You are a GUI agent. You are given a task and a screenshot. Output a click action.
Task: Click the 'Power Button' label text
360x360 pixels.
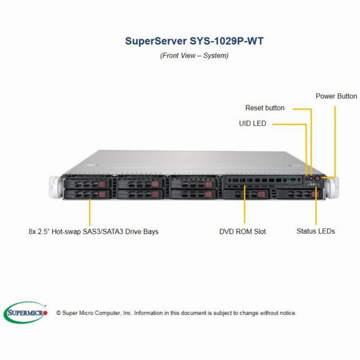(336, 96)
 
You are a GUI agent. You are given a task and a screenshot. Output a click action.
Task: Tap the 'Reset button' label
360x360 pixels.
(265, 108)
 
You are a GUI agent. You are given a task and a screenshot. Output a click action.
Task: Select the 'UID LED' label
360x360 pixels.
(252, 123)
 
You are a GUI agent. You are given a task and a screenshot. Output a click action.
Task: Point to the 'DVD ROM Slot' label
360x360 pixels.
(243, 231)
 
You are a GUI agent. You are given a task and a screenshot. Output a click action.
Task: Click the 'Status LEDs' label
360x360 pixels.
(316, 231)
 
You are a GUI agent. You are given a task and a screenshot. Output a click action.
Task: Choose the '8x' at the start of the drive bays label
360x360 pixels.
(32, 231)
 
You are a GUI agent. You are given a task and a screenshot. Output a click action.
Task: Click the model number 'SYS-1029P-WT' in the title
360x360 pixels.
(226, 41)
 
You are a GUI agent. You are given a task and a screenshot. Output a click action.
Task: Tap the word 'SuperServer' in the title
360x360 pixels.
(156, 41)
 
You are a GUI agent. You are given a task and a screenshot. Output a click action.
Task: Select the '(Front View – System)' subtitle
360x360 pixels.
(194, 55)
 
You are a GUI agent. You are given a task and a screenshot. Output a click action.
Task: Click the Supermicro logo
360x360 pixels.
(25, 313)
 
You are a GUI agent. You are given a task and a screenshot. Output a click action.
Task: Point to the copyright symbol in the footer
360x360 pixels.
(58, 313)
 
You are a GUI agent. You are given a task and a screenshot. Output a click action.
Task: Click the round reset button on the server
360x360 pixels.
(311, 178)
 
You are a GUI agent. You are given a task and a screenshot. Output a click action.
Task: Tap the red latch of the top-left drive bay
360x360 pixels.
(102, 184)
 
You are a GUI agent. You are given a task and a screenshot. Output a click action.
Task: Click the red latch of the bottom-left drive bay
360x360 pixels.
(102, 194)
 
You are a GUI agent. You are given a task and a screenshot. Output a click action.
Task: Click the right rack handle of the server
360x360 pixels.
(333, 188)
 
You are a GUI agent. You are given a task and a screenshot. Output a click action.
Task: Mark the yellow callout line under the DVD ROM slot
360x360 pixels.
(244, 204)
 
